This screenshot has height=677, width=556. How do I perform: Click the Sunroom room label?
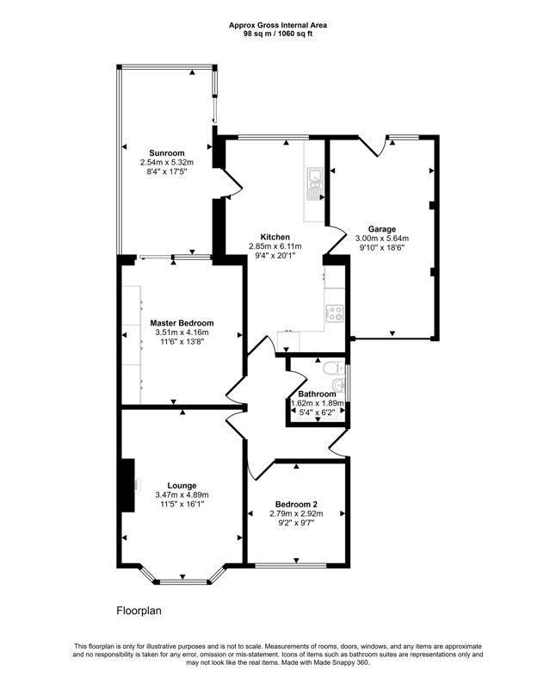pyautogui.click(x=166, y=152)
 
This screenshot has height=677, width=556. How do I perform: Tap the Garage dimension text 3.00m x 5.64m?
pyautogui.click(x=382, y=239)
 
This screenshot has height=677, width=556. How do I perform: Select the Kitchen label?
pyautogui.click(x=275, y=237)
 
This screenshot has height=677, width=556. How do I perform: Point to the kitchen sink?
pyautogui.click(x=314, y=184)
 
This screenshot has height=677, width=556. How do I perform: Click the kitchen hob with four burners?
pyautogui.click(x=335, y=313)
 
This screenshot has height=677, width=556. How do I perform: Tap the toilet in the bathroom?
pyautogui.click(x=333, y=368)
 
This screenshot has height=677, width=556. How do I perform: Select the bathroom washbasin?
pyautogui.click(x=339, y=384)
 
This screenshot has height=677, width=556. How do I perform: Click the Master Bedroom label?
pyautogui.click(x=182, y=323)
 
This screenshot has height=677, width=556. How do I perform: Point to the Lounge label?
pyautogui.click(x=182, y=486)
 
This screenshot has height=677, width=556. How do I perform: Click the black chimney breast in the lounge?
pyautogui.click(x=128, y=485)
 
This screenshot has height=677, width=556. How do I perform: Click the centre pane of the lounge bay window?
pyautogui.click(x=182, y=581)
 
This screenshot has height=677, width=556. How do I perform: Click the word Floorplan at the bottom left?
pyautogui.click(x=139, y=611)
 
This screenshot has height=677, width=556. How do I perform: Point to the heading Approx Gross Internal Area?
pyautogui.click(x=278, y=26)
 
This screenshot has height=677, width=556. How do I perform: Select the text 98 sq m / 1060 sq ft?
pyautogui.click(x=278, y=33)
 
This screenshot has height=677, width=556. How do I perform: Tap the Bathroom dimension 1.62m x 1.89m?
pyautogui.click(x=318, y=404)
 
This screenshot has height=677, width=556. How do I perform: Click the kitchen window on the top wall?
pyautogui.click(x=274, y=138)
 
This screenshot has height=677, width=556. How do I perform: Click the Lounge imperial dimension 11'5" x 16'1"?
pyautogui.click(x=182, y=504)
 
